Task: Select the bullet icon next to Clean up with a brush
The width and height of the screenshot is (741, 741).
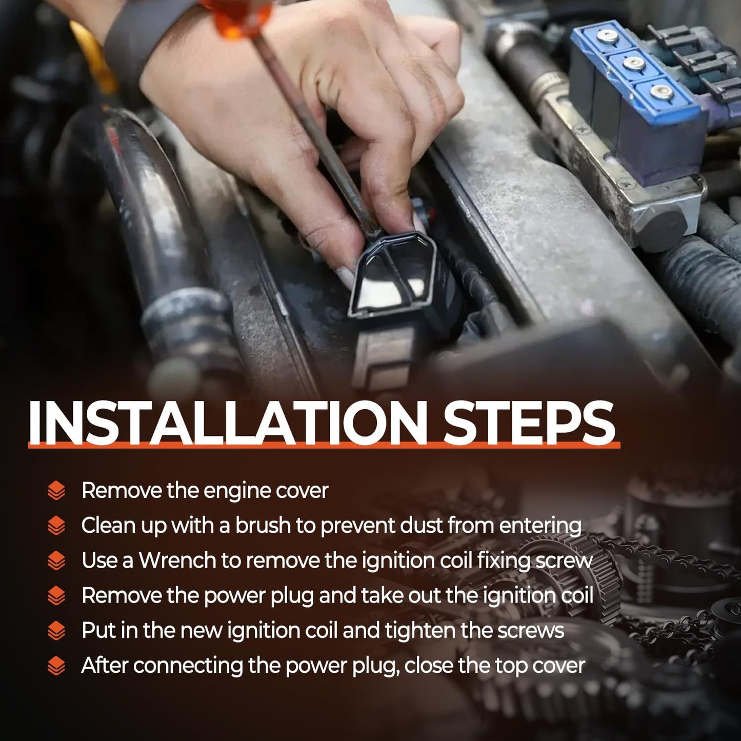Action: (56, 525)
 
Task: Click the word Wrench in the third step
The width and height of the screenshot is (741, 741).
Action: (177, 560)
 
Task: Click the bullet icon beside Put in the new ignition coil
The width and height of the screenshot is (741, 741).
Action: (56, 630)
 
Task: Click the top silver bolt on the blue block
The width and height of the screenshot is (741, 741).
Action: (608, 36)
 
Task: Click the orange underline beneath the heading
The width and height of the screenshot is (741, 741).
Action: (324, 445)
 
